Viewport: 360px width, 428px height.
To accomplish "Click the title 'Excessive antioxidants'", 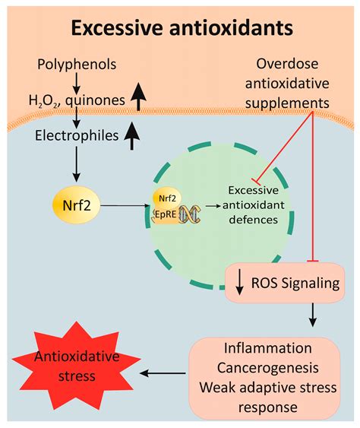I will pyautogui.click(x=180, y=29).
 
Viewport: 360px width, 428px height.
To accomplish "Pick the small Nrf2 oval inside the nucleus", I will pyautogui.click(x=166, y=195).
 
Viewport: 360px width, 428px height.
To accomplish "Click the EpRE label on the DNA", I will pyautogui.click(x=164, y=215).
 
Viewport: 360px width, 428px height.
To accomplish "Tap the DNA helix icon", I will pyautogui.click(x=189, y=215).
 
